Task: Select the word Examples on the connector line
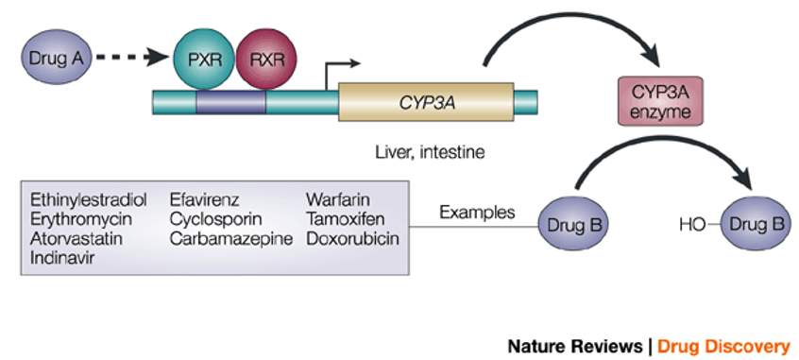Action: pos(476,212)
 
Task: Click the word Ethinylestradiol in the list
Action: pos(88,199)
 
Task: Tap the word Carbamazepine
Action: pos(231,239)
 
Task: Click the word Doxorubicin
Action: pos(352,239)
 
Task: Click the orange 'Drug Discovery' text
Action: pos(723,345)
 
